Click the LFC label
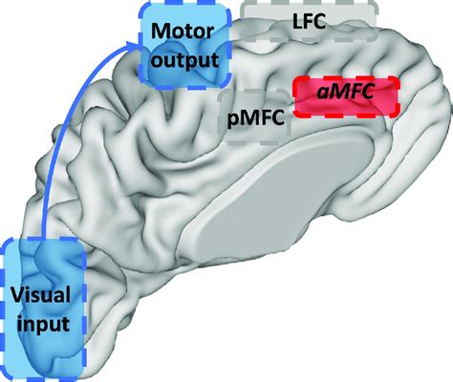point(309,21)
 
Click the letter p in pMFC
point(231,120)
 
